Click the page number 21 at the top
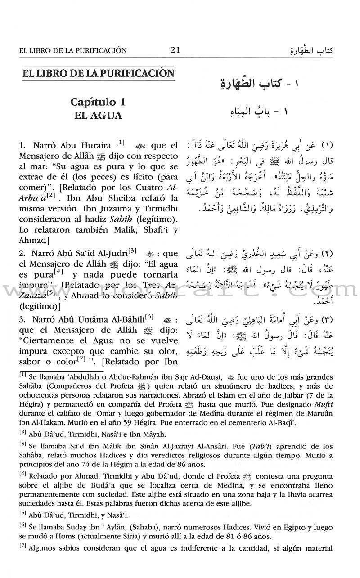[x=175, y=50]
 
